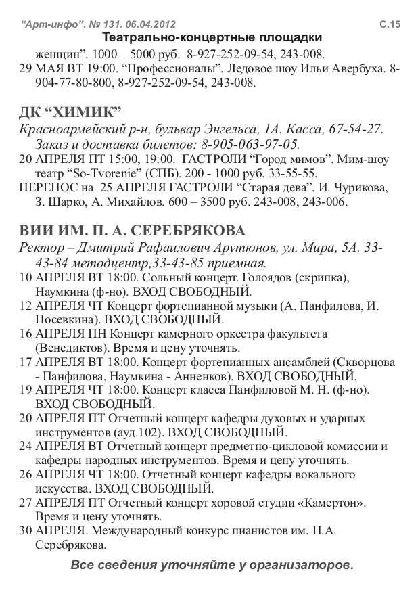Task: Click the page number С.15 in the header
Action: click(x=390, y=24)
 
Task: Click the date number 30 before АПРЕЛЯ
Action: click(x=25, y=531)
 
